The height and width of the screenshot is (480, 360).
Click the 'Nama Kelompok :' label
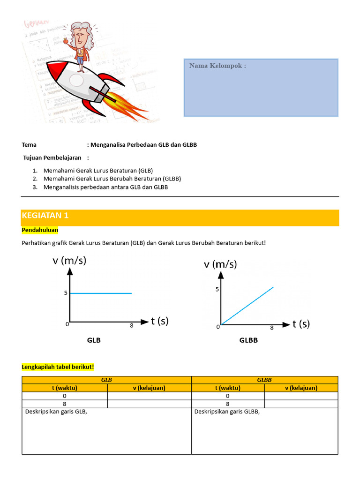pos(217,66)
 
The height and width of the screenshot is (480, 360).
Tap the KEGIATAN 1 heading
pos(45,216)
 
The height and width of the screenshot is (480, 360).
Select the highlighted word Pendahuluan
pos(40,230)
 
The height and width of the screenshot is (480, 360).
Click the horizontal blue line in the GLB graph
pos(101,293)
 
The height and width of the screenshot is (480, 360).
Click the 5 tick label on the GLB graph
pos(66,293)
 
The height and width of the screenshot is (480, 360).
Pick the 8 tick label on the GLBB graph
pos(272,328)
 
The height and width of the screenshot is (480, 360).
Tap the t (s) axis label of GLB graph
pos(159,321)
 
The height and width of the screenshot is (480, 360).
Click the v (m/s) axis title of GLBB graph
pos(220,264)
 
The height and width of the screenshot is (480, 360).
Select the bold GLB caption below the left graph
pos(94,340)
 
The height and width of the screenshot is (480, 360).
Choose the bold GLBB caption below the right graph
pos(248,340)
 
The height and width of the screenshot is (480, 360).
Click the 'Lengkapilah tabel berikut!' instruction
pos(58,367)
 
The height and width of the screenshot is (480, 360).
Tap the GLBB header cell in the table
pos(264,380)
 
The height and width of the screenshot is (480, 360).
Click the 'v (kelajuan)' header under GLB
pos(149,388)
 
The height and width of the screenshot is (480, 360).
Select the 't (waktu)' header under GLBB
pos(228,388)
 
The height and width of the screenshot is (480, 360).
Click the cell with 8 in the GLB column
pos(65,404)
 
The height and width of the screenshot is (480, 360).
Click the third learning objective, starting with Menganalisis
pos(105,187)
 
